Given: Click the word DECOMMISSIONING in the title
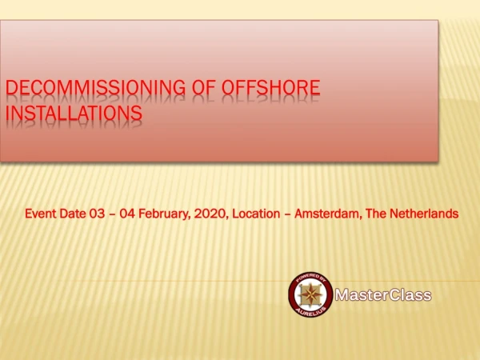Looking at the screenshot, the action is pos(95,87).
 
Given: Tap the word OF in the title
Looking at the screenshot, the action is pos(204,87).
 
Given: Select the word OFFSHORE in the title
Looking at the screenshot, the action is pos(271,87).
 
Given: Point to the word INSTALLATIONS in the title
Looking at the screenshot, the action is pos(74,113).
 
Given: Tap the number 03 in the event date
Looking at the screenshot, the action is pos(97,214).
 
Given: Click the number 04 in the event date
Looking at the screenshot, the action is pos(127,214).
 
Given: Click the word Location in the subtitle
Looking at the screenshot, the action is pos(256,214).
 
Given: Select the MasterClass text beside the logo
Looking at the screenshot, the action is pos(383,295).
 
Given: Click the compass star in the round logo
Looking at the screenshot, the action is pos(310,294).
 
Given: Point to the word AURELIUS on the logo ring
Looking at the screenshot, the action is pos(310,311).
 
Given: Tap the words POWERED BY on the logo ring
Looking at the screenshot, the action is pos(310,278).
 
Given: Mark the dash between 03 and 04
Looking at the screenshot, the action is pos(112,214).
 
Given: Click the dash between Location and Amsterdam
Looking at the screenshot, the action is pos(287,214).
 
